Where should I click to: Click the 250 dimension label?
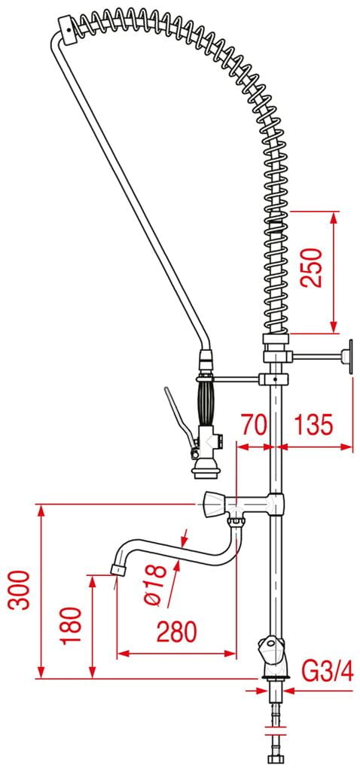(x=312, y=267)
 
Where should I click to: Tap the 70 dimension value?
(x=254, y=424)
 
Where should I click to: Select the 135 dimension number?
(x=313, y=424)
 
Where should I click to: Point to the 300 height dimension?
(x=20, y=590)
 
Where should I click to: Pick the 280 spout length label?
(x=176, y=632)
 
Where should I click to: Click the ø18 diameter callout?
(x=157, y=584)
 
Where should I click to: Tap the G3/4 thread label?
(x=327, y=671)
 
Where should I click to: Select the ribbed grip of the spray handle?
(x=206, y=404)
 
